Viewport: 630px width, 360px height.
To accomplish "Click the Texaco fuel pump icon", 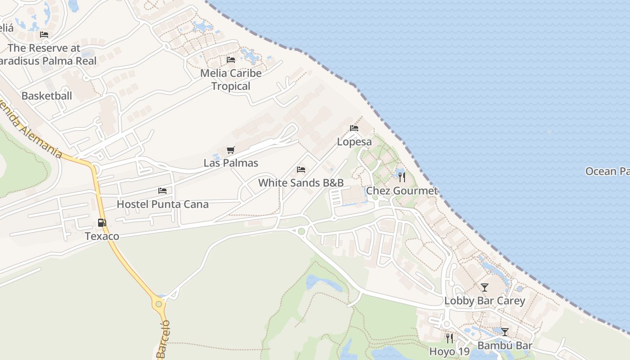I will click(102, 222).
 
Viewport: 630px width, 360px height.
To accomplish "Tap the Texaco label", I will click(102, 236).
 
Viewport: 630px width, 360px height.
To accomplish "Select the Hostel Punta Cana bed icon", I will click(162, 191).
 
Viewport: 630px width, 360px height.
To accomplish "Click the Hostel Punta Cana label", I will click(162, 204).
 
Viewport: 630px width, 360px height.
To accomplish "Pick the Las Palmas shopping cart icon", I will click(231, 150).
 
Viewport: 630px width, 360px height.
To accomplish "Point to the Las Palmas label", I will click(231, 163).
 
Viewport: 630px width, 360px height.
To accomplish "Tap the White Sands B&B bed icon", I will click(301, 170).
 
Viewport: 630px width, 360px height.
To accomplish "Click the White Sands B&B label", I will click(301, 183).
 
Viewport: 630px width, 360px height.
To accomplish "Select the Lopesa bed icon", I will click(354, 128).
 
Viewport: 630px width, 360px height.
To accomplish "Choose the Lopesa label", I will click(355, 142).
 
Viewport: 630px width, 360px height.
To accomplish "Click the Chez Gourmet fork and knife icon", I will click(402, 177).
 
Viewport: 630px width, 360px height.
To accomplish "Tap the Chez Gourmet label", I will click(402, 191).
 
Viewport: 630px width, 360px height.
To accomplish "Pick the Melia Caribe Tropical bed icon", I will click(231, 60).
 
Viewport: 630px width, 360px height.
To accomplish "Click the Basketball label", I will click(47, 96).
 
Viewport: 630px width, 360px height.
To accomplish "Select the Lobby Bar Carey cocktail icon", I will click(485, 288).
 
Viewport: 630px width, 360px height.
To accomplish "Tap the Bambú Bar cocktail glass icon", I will click(505, 332).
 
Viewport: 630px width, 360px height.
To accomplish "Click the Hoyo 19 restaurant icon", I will click(449, 338).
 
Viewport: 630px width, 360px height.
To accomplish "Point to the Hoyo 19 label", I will click(449, 351).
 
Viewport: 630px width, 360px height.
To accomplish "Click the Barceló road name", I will click(163, 339).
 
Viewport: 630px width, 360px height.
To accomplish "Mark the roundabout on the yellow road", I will click(158, 304).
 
